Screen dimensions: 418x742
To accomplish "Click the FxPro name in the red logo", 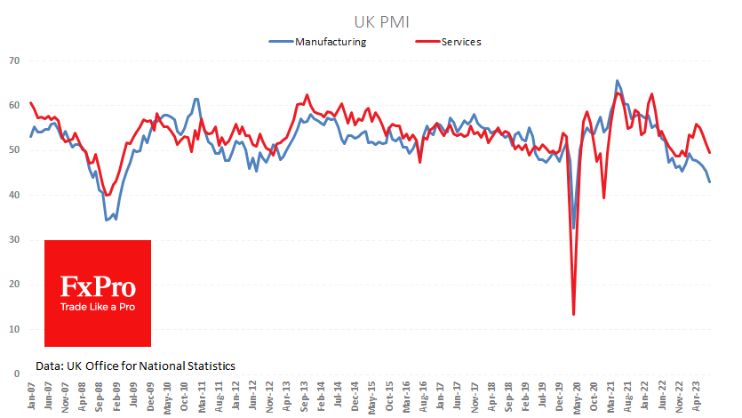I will coord(98,287).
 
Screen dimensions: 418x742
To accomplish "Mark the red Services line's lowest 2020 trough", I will coord(573,314).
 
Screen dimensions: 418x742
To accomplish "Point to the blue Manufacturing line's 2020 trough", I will coord(573,228).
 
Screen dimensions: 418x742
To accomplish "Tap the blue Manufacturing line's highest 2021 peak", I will coord(617,81).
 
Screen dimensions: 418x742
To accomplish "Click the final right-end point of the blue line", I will coord(709,181).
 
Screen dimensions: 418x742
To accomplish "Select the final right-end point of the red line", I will coord(709,152).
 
